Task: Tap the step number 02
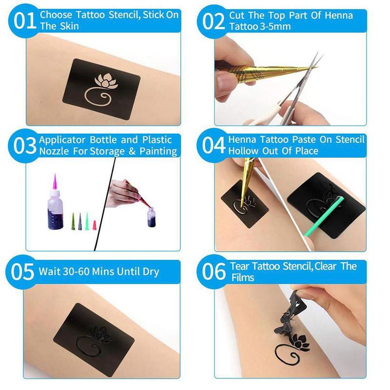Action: (213, 20)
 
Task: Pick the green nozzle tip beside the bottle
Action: (86, 219)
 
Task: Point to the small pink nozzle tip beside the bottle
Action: (95, 225)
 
